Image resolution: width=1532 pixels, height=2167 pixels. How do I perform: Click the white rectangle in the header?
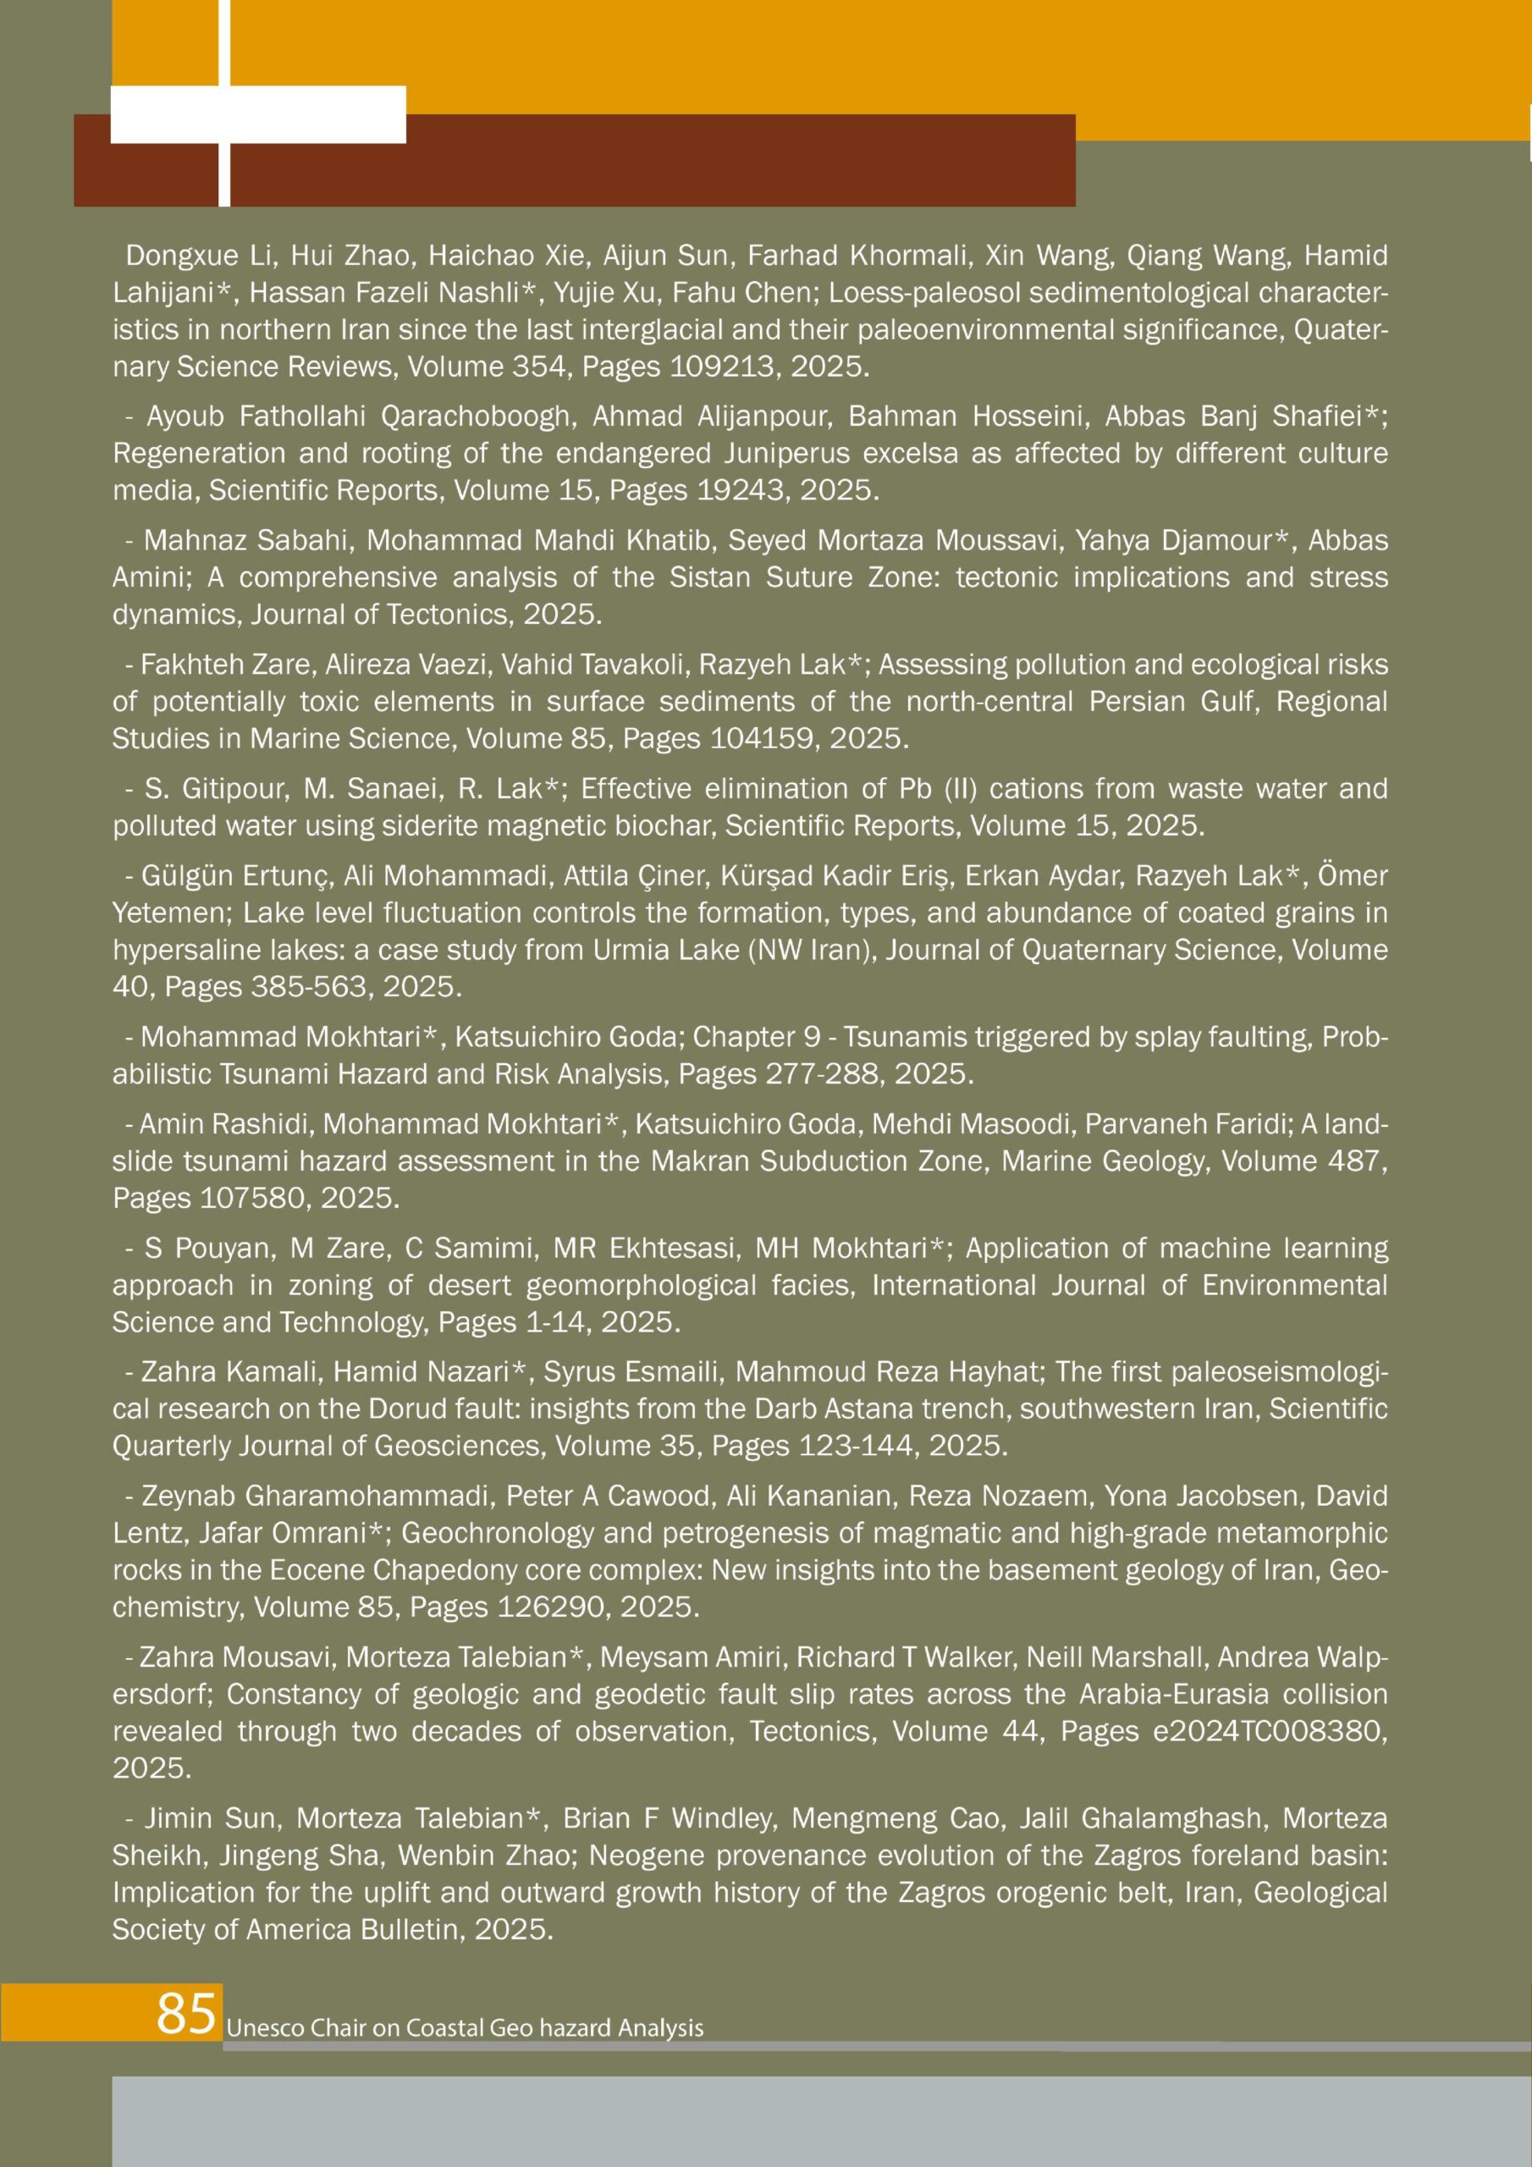pos(257,114)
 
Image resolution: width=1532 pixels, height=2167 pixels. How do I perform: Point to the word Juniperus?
pos(789,453)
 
